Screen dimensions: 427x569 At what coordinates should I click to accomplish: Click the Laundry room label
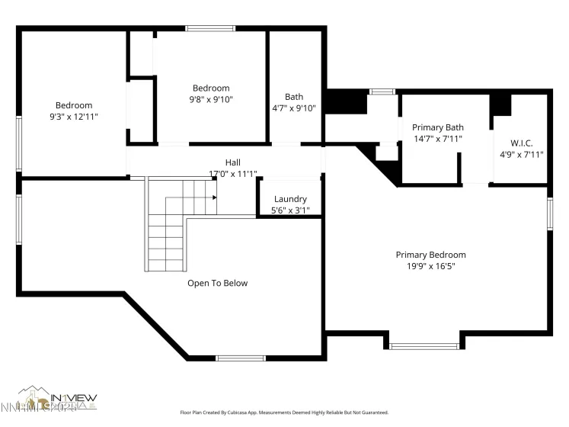[290, 198]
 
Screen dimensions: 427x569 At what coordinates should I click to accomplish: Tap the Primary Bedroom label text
[430, 255]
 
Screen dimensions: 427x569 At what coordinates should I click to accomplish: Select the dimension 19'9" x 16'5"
[430, 267]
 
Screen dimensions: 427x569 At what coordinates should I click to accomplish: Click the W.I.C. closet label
[521, 143]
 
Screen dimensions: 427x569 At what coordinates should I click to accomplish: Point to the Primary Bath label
[437, 127]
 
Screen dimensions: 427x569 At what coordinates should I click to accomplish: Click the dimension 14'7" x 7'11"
[437, 139]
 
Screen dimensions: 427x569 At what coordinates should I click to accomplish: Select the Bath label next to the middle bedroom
[294, 97]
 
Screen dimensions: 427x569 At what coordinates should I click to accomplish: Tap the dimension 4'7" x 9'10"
[294, 108]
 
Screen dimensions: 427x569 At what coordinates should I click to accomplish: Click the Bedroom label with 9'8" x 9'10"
[211, 88]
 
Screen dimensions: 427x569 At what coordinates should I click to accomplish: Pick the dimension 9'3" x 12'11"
[73, 117]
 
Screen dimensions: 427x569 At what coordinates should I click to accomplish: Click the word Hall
[232, 162]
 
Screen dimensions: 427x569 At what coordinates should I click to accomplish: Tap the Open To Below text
[218, 283]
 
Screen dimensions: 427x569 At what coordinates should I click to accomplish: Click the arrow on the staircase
[214, 197]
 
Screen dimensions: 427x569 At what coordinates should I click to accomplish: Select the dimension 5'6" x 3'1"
[290, 210]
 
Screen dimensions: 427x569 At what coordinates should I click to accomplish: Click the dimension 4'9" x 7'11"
[521, 154]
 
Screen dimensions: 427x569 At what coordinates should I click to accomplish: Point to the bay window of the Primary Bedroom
[424, 345]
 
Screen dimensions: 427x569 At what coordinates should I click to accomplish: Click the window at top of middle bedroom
[209, 29]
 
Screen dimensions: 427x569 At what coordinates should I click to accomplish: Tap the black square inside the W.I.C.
[500, 104]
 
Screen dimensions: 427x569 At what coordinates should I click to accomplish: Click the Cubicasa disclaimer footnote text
[283, 412]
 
